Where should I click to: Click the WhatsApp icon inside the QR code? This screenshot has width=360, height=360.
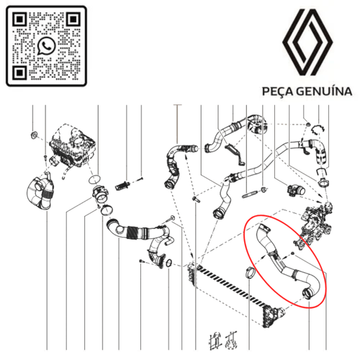click(x=46, y=46)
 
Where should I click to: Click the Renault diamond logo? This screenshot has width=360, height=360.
click(x=307, y=42)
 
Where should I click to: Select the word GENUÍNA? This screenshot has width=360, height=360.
click(x=325, y=91)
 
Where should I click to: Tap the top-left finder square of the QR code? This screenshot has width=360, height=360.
click(x=19, y=19)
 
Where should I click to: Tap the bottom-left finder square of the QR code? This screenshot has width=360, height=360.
click(x=19, y=72)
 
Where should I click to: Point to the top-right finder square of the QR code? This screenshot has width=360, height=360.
click(x=73, y=19)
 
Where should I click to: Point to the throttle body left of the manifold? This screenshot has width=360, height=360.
click(x=296, y=191)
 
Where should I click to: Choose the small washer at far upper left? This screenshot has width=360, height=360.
click(x=34, y=135)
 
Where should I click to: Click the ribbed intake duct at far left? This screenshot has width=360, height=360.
click(x=40, y=193)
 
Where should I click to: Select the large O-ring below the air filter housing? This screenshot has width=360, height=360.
click(x=94, y=179)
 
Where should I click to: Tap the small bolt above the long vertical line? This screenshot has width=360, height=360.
click(x=194, y=199)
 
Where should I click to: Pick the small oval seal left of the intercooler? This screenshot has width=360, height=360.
click(x=168, y=264)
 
